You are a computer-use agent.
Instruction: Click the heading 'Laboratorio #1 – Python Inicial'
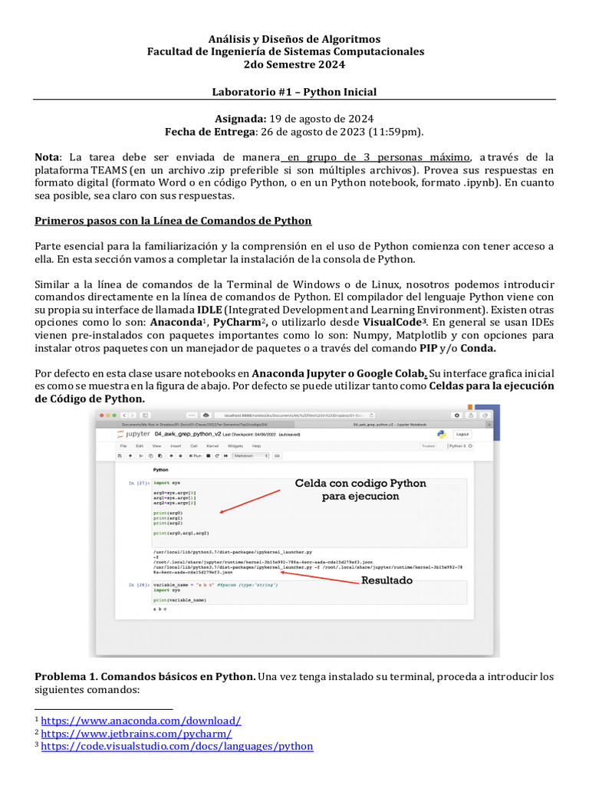294,92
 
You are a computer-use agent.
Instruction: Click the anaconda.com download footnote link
141,721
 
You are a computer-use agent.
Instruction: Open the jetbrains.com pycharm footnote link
137,734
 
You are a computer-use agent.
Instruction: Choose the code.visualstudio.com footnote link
177,746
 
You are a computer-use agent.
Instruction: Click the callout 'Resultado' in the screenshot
387,581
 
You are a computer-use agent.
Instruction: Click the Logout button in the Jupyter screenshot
462,434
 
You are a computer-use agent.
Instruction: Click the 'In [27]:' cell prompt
139,483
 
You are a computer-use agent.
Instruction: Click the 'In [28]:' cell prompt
139,585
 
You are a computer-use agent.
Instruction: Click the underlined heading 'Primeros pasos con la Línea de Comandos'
173,221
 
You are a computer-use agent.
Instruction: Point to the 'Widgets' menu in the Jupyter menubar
235,445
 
